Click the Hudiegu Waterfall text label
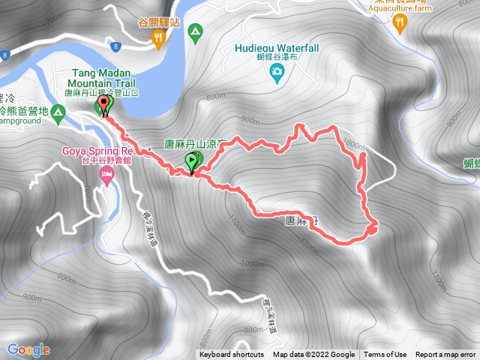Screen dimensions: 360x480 pyautogui.click(x=277, y=48)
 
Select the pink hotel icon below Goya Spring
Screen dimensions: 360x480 pyautogui.click(x=106, y=177)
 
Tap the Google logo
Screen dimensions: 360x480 pyautogui.click(x=28, y=349)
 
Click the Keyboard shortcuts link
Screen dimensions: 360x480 pyautogui.click(x=232, y=355)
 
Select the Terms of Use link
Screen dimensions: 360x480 pyautogui.click(x=385, y=355)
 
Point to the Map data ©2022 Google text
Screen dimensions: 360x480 pyautogui.click(x=313, y=355)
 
